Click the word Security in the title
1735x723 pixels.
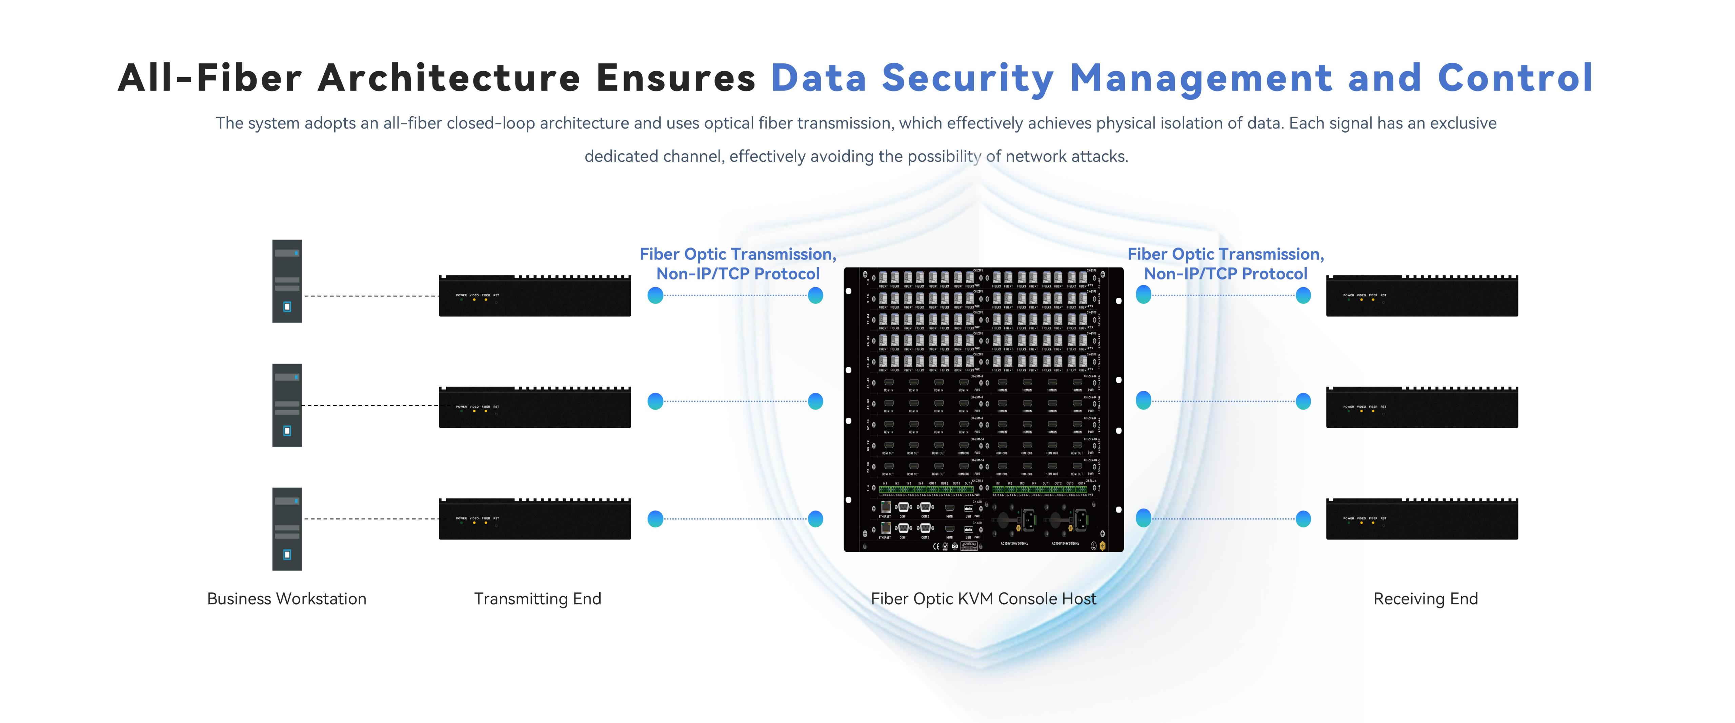(x=968, y=78)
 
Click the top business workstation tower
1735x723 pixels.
(x=287, y=281)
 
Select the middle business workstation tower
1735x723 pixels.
(x=287, y=405)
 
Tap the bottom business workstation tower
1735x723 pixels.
(x=287, y=529)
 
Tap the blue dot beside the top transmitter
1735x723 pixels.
(x=655, y=295)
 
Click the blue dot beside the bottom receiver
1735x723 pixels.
(x=1303, y=519)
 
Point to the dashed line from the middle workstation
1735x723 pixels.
(x=370, y=405)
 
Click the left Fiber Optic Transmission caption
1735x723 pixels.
(x=738, y=254)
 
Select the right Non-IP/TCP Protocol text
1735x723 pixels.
(x=1225, y=274)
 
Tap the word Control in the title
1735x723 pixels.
(x=1515, y=78)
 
